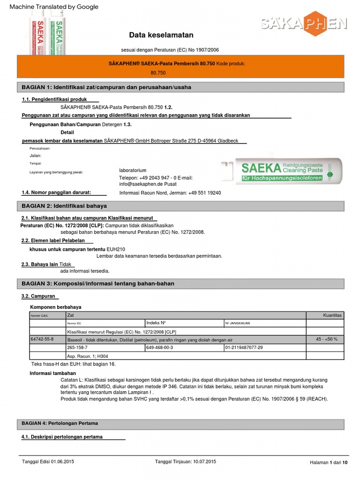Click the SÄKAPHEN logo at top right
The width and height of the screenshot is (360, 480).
click(x=304, y=23)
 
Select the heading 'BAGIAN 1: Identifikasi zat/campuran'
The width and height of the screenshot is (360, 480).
click(x=106, y=87)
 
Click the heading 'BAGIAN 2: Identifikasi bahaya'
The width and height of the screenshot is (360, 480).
click(x=64, y=206)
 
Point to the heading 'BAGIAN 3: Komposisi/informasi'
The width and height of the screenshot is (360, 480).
click(x=98, y=284)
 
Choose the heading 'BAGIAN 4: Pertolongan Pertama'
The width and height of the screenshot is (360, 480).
click(x=60, y=423)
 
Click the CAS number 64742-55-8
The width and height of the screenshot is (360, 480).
click(x=42, y=339)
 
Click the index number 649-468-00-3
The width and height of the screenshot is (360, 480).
click(x=160, y=347)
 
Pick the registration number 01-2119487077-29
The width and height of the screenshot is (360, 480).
click(x=244, y=347)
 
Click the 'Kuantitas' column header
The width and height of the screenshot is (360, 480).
click(x=332, y=315)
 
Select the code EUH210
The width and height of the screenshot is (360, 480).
click(x=116, y=249)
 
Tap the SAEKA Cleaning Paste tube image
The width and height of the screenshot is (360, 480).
click(x=281, y=172)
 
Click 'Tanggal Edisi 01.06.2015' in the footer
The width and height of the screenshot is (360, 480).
click(x=48, y=462)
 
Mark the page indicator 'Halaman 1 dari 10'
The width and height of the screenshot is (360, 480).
click(x=329, y=463)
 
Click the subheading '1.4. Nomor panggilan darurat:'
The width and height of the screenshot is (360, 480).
click(x=56, y=192)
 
